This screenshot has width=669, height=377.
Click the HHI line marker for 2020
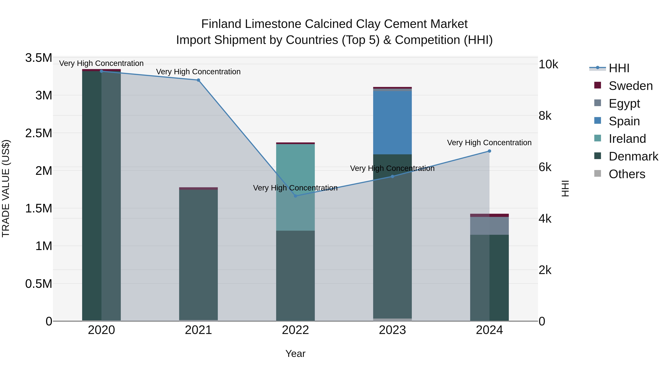(x=101, y=71)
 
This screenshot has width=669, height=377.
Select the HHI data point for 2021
(x=198, y=80)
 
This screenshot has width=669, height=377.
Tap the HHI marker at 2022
(x=295, y=196)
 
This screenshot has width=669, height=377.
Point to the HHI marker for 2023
(x=392, y=176)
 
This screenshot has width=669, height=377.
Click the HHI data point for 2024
(x=489, y=151)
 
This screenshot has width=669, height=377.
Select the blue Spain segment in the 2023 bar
(x=392, y=122)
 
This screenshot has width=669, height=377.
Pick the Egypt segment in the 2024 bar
(x=489, y=226)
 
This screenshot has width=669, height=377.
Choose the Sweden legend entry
(x=631, y=86)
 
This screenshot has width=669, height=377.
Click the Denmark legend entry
(x=633, y=156)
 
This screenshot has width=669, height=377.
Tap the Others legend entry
(x=627, y=174)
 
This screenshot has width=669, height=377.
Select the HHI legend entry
(x=619, y=68)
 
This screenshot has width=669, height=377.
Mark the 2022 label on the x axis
(x=295, y=330)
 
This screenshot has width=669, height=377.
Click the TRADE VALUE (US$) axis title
(x=6, y=188)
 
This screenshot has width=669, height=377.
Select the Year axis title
(x=295, y=354)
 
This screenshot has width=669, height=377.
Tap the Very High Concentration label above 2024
(x=489, y=143)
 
